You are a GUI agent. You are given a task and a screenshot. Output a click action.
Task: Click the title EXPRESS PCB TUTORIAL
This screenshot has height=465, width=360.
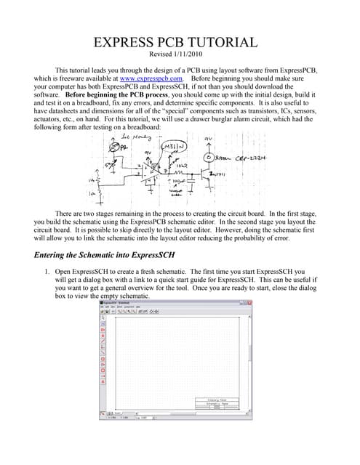(x=180, y=42)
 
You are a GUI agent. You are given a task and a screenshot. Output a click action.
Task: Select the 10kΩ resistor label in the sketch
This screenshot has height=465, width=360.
(x=184, y=166)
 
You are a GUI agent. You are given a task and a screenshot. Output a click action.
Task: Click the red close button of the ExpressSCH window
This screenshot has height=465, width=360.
(x=252, y=302)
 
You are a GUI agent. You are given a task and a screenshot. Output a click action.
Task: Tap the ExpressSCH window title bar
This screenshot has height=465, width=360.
(x=175, y=302)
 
